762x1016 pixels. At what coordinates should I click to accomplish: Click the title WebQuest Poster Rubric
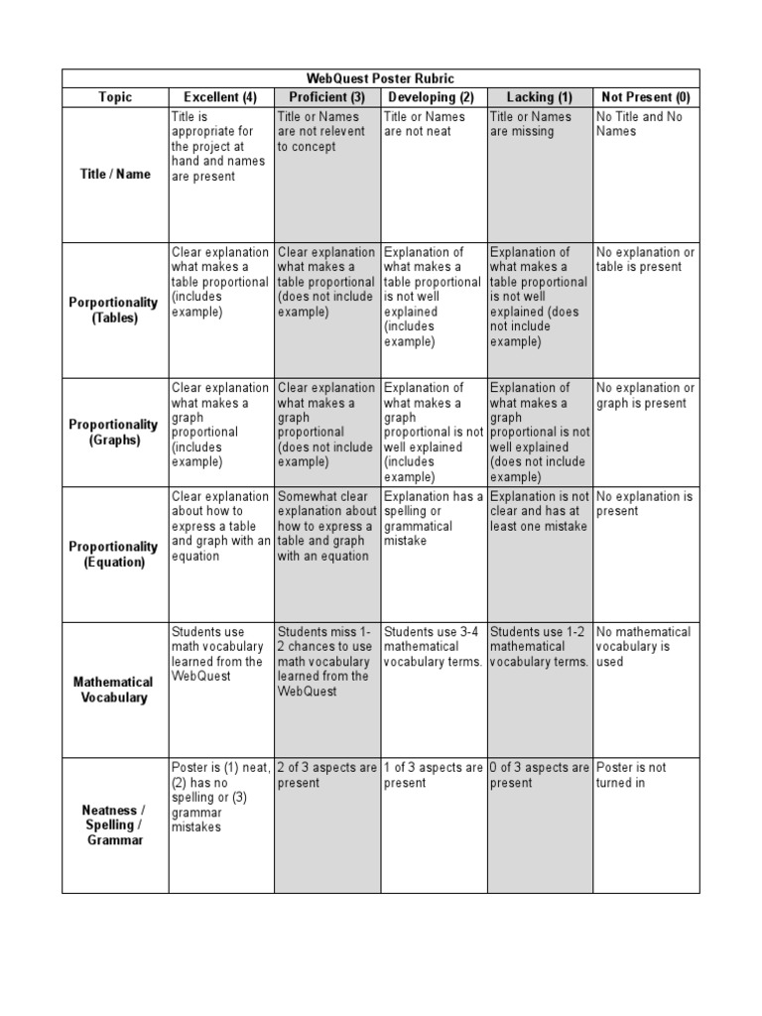pyautogui.click(x=380, y=78)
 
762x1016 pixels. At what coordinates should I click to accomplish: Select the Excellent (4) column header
pyautogui.click(x=220, y=97)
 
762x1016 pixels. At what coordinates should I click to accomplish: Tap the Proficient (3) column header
pyautogui.click(x=327, y=97)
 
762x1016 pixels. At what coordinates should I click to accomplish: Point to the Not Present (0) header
pyautogui.click(x=646, y=97)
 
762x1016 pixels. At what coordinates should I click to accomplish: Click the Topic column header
pyautogui.click(x=115, y=97)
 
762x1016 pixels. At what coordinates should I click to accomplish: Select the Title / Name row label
pyautogui.click(x=115, y=175)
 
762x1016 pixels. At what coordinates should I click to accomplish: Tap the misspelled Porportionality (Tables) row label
pyautogui.click(x=115, y=311)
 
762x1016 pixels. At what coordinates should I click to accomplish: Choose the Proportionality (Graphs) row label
pyautogui.click(x=115, y=433)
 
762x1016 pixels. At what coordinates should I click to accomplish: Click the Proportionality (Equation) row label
pyautogui.click(x=115, y=555)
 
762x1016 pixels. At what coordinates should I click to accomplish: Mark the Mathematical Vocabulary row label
pyautogui.click(x=115, y=690)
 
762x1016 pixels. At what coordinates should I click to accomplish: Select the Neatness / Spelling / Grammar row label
pyautogui.click(x=115, y=825)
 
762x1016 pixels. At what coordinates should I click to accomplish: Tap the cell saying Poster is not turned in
pyautogui.click(x=631, y=775)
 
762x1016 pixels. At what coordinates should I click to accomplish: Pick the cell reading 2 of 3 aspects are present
pyautogui.click(x=326, y=775)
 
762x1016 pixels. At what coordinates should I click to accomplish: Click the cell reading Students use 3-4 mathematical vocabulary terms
pyautogui.click(x=433, y=647)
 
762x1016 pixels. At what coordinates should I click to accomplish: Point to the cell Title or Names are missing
pyautogui.click(x=530, y=124)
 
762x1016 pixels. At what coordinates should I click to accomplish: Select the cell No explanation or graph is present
pyautogui.click(x=645, y=396)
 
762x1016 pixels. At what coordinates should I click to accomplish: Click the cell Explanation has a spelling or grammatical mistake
pyautogui.click(x=433, y=519)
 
